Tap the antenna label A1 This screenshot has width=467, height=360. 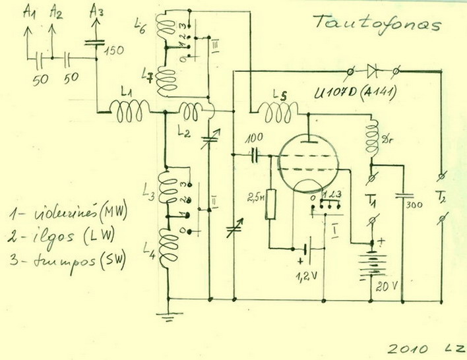pos(29,11)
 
